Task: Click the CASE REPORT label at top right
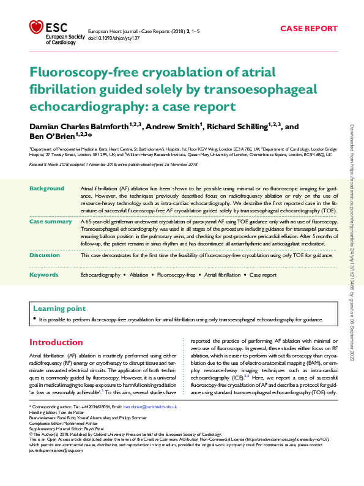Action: click(308, 28)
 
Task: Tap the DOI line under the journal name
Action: click(114, 37)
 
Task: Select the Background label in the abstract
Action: click(47, 188)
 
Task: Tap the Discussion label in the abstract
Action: click(46, 255)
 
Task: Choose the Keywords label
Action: click(44, 275)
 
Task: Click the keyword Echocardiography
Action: click(100, 275)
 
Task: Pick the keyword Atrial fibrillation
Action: click(223, 275)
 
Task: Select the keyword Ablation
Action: click(139, 275)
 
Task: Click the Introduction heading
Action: click(56, 342)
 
